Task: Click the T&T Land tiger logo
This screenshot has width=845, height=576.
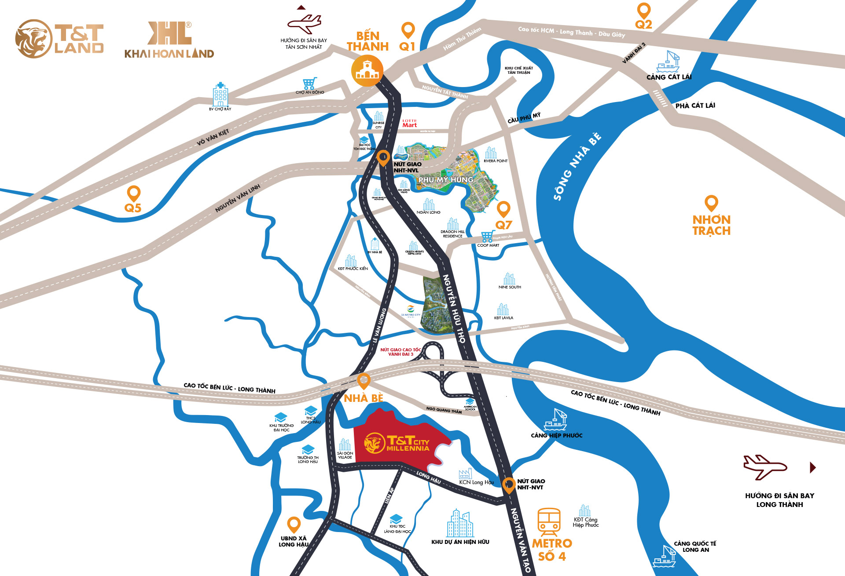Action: tap(33, 39)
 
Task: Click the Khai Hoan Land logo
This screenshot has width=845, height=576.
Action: tap(169, 40)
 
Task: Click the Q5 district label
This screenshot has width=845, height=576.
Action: tap(133, 208)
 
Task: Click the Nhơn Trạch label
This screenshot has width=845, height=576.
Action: tap(711, 225)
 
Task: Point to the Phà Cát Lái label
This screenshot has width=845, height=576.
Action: tap(695, 106)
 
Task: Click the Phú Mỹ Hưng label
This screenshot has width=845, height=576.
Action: tap(445, 180)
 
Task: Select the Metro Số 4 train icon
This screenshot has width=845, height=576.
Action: tap(549, 521)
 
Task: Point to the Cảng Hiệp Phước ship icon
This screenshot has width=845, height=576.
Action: tap(555, 419)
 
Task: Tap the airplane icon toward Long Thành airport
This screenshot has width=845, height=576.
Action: tap(764, 467)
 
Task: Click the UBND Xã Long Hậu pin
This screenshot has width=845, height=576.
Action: tap(294, 524)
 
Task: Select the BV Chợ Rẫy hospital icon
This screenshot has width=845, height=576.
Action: tap(220, 94)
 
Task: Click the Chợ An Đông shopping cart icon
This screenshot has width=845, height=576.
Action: tap(309, 83)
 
